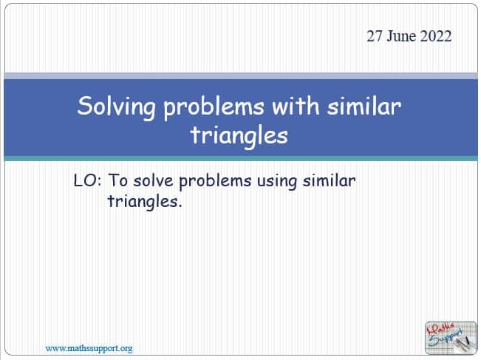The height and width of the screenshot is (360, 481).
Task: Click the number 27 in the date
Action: tap(375, 36)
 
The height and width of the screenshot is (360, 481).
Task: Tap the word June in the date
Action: tap(401, 36)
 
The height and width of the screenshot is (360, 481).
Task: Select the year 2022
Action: tap(436, 36)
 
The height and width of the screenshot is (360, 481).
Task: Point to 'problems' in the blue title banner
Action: tap(214, 106)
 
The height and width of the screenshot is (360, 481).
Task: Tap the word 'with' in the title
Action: tap(296, 106)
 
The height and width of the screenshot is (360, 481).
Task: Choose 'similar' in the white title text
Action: tap(364, 106)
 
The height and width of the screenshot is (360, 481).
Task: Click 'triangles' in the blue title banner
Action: tap(239, 136)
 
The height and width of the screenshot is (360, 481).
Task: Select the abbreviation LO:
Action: tap(87, 180)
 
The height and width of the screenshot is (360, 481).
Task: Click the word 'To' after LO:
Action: tap(117, 180)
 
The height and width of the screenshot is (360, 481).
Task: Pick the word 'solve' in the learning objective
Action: tap(154, 180)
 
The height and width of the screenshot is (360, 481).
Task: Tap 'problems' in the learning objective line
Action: tap(215, 181)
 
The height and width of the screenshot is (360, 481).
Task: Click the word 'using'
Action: tap(276, 182)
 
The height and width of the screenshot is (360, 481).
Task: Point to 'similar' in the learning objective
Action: tap(329, 180)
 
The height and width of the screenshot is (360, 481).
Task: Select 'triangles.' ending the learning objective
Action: tap(145, 202)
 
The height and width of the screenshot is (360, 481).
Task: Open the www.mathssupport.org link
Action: tap(89, 349)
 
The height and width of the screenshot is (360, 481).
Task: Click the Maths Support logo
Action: tap(451, 338)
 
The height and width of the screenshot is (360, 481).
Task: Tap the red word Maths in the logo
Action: tap(440, 329)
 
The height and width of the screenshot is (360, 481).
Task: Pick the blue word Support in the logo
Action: tap(446, 339)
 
